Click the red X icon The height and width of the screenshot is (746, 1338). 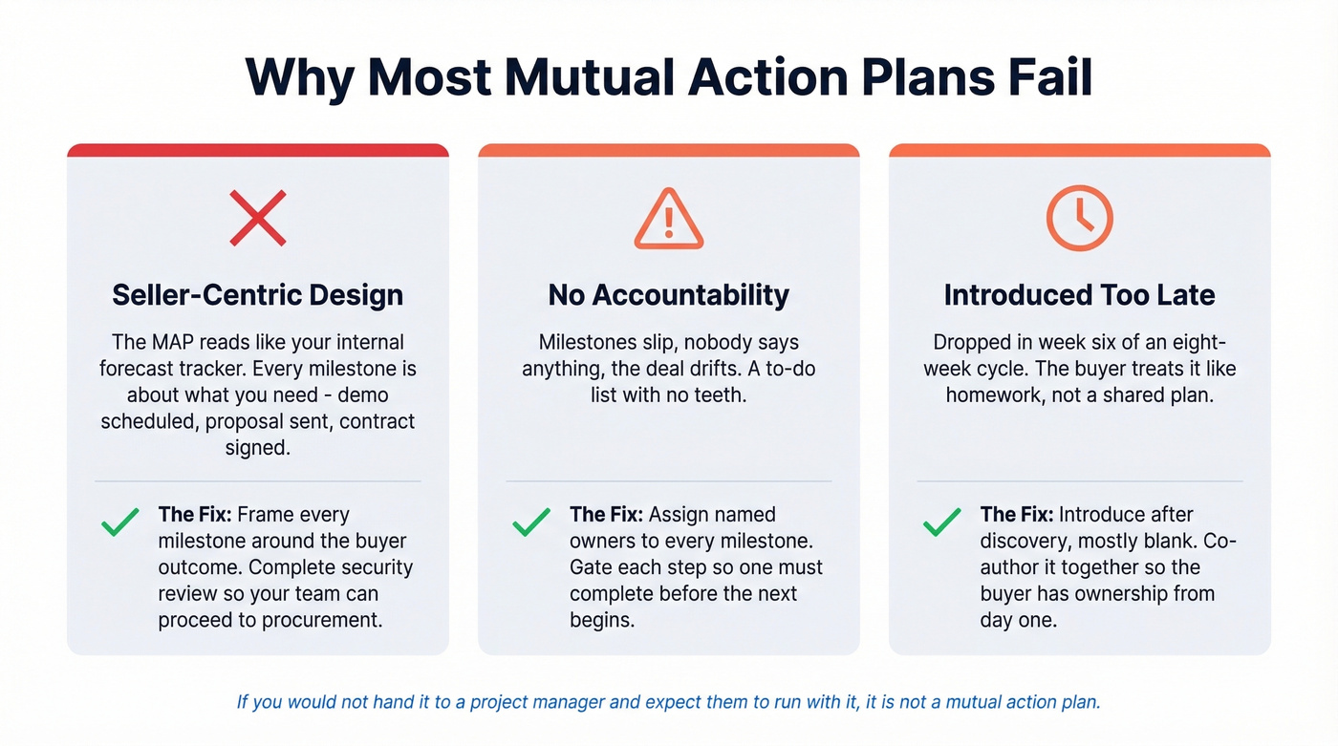(258, 218)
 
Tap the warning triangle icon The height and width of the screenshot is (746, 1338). (668, 219)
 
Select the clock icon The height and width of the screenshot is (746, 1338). (1079, 219)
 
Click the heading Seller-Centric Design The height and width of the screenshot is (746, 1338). (258, 294)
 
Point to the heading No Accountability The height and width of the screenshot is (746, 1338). (668, 294)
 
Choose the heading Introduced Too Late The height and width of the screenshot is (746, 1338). (1079, 294)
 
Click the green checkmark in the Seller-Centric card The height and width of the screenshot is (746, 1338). (119, 522)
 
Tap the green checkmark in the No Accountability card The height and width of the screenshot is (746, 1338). (531, 522)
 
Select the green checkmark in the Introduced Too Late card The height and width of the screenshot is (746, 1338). (942, 522)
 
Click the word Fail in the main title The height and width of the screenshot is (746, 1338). (1047, 77)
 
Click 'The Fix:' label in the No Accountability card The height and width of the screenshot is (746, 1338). (606, 515)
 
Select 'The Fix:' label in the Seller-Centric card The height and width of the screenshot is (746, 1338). (195, 515)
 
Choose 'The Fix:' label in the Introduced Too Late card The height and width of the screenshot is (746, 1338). (1017, 515)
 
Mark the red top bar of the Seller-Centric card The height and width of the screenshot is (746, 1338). (258, 150)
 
